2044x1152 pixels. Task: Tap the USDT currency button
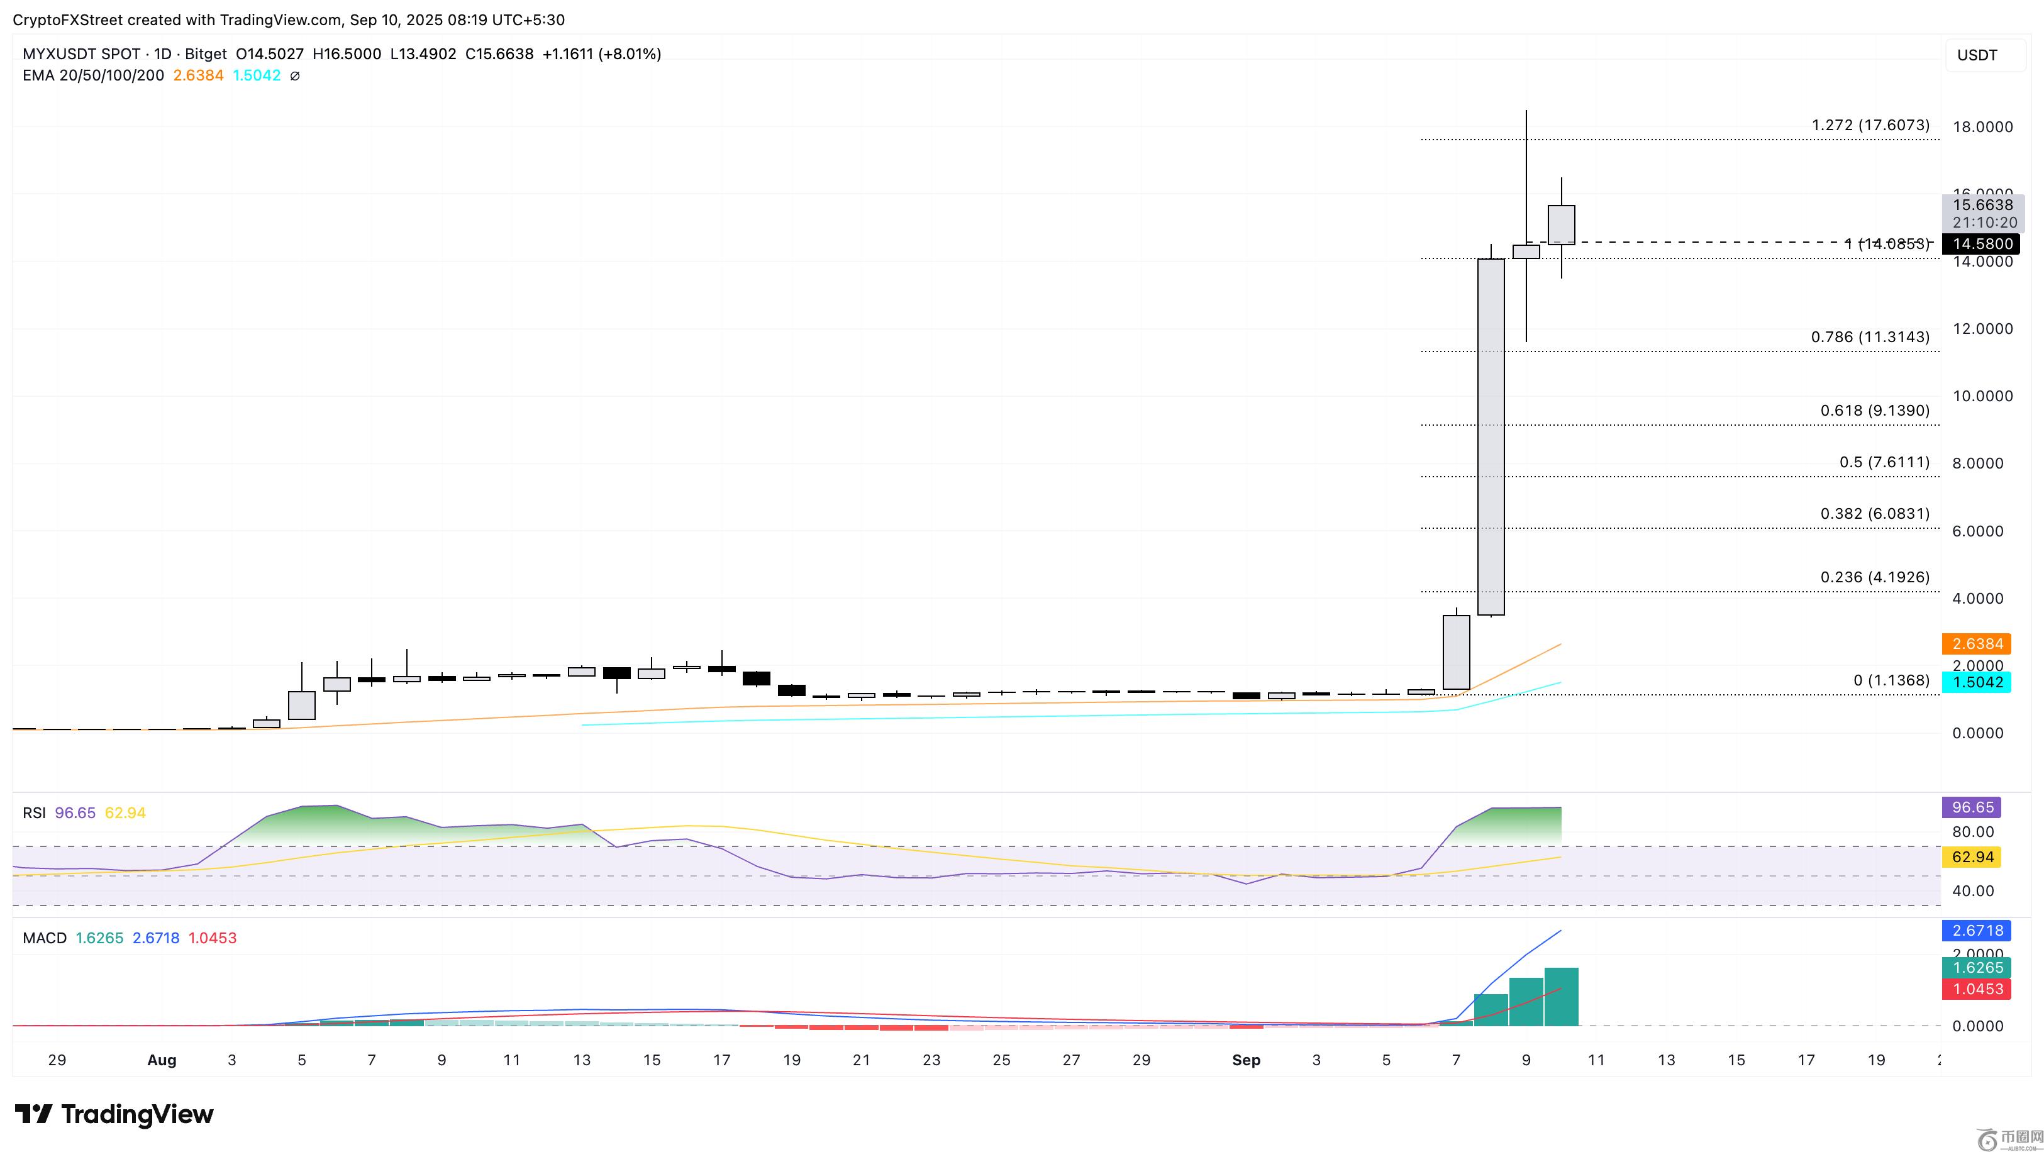1977,55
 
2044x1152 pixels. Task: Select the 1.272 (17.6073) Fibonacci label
1870,125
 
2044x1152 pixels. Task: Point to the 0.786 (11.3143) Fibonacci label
1870,337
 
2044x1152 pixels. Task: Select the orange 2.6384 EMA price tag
1975,643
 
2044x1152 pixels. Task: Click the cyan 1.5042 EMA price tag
1975,682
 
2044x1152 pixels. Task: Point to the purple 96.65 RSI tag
1972,807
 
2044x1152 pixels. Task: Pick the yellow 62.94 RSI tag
1972,857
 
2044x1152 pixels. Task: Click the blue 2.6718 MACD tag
1975,930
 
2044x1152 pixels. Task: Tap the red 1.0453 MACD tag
1975,989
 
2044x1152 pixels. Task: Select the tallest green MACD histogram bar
1561,997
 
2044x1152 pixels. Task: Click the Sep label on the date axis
1246,1060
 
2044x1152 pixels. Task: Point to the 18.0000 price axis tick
1982,127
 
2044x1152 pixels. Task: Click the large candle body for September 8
1491,436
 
